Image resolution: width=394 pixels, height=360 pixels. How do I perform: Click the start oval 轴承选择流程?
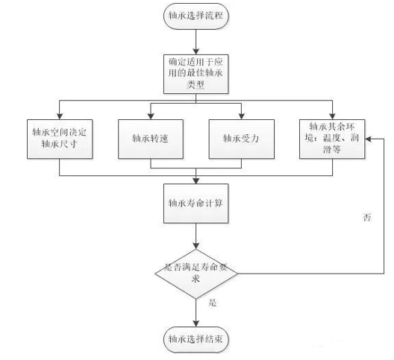pyautogui.click(x=196, y=16)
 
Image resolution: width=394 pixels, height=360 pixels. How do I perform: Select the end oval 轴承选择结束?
pyautogui.click(x=196, y=340)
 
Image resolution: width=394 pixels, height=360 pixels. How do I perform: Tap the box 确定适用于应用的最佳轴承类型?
pyautogui.click(x=196, y=74)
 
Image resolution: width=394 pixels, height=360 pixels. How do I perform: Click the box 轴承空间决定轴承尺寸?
pyautogui.click(x=60, y=139)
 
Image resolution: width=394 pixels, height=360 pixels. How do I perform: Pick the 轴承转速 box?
pyautogui.click(x=151, y=139)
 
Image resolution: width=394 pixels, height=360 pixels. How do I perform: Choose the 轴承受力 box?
pyautogui.click(x=242, y=139)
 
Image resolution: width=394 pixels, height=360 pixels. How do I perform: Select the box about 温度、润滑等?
pyautogui.click(x=332, y=139)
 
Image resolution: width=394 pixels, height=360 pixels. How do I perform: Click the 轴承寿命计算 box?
pyautogui.click(x=196, y=203)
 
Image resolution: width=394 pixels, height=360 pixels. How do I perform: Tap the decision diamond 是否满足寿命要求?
pyautogui.click(x=196, y=274)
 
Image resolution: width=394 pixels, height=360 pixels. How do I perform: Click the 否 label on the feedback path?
pyautogui.click(x=367, y=218)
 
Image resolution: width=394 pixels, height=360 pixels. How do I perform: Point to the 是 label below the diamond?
pyautogui.click(x=213, y=303)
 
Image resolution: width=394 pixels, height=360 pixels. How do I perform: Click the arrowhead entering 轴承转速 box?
pyautogui.click(x=151, y=116)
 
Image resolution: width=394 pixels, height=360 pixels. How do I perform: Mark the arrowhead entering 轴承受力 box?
pyautogui.click(x=242, y=116)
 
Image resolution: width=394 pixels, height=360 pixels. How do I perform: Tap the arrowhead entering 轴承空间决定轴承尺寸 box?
pyautogui.click(x=60, y=116)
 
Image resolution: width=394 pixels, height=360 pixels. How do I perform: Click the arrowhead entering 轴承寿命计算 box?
pyautogui.click(x=196, y=181)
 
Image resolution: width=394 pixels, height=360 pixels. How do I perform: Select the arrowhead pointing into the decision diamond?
pyautogui.click(x=196, y=246)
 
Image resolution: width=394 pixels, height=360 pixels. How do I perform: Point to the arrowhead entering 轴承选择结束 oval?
pyautogui.click(x=196, y=323)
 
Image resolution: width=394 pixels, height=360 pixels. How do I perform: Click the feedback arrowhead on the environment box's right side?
pyautogui.click(x=368, y=139)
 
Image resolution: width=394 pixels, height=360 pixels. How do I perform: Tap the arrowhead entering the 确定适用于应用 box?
pyautogui.click(x=196, y=51)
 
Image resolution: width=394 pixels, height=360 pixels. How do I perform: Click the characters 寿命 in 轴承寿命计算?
pyautogui.click(x=196, y=203)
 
